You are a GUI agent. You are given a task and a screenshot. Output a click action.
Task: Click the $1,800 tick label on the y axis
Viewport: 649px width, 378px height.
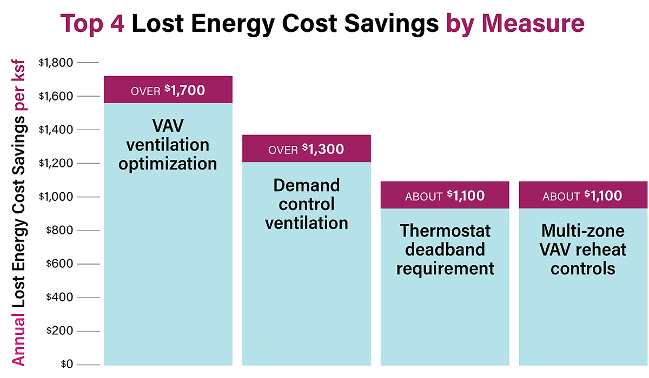56,63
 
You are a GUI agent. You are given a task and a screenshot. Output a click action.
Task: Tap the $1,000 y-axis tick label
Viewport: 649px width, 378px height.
56,197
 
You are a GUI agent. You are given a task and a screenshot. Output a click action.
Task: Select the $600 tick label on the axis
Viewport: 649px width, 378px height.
59,264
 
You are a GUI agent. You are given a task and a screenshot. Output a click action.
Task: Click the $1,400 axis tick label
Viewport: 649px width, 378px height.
56,130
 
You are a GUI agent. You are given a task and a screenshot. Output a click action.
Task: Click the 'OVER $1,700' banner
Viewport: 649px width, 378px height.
168,90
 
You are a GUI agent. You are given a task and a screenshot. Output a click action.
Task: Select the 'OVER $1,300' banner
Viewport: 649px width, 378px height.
306,149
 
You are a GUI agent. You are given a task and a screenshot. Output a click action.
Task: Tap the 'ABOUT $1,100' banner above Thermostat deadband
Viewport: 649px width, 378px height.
445,195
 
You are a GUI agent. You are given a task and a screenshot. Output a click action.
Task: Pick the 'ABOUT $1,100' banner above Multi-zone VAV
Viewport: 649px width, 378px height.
582,195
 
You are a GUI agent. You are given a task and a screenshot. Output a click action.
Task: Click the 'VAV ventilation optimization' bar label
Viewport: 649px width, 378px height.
168,145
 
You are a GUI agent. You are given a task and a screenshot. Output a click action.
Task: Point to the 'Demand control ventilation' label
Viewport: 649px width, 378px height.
306,204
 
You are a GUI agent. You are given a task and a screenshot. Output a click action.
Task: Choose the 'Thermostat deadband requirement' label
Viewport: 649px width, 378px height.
445,249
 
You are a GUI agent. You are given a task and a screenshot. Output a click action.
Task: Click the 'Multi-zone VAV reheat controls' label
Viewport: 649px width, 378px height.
582,249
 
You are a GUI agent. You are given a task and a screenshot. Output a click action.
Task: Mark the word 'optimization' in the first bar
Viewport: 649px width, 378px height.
168,163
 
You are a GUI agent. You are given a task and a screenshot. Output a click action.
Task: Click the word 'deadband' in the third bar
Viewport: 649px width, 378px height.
445,249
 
